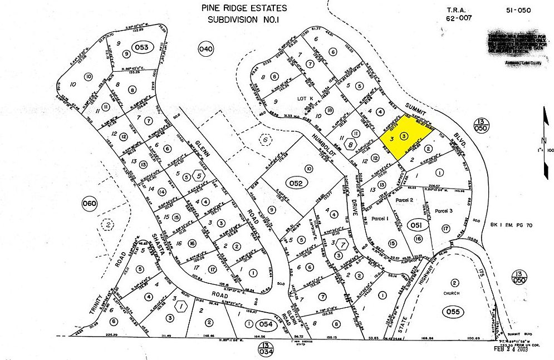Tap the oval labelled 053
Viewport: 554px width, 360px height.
(x=141, y=48)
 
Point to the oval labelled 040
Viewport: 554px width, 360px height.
(x=206, y=50)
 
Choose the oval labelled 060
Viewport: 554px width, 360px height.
(x=89, y=203)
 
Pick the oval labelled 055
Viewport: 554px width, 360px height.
(x=454, y=312)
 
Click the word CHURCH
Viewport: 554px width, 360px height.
(x=453, y=293)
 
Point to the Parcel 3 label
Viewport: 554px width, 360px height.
(x=444, y=211)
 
